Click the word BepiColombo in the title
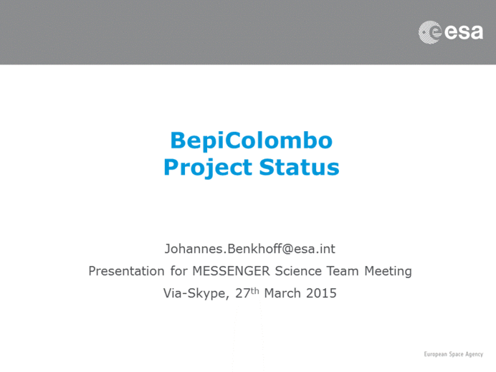[x=252, y=140]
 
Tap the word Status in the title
[x=299, y=167]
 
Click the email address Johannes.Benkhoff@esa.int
[x=250, y=249]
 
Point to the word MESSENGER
[x=232, y=271]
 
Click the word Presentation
[x=127, y=271]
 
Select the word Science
[x=298, y=271]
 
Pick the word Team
[x=343, y=271]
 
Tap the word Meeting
[x=388, y=272]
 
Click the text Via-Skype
[x=196, y=294]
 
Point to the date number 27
[x=242, y=293]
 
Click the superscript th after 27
[x=254, y=291]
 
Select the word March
[x=282, y=293]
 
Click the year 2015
[x=321, y=293]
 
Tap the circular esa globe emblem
[x=430, y=32]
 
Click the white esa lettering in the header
[x=464, y=32]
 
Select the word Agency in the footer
[x=474, y=355]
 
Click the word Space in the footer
[x=456, y=354]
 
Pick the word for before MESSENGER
[x=178, y=271]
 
